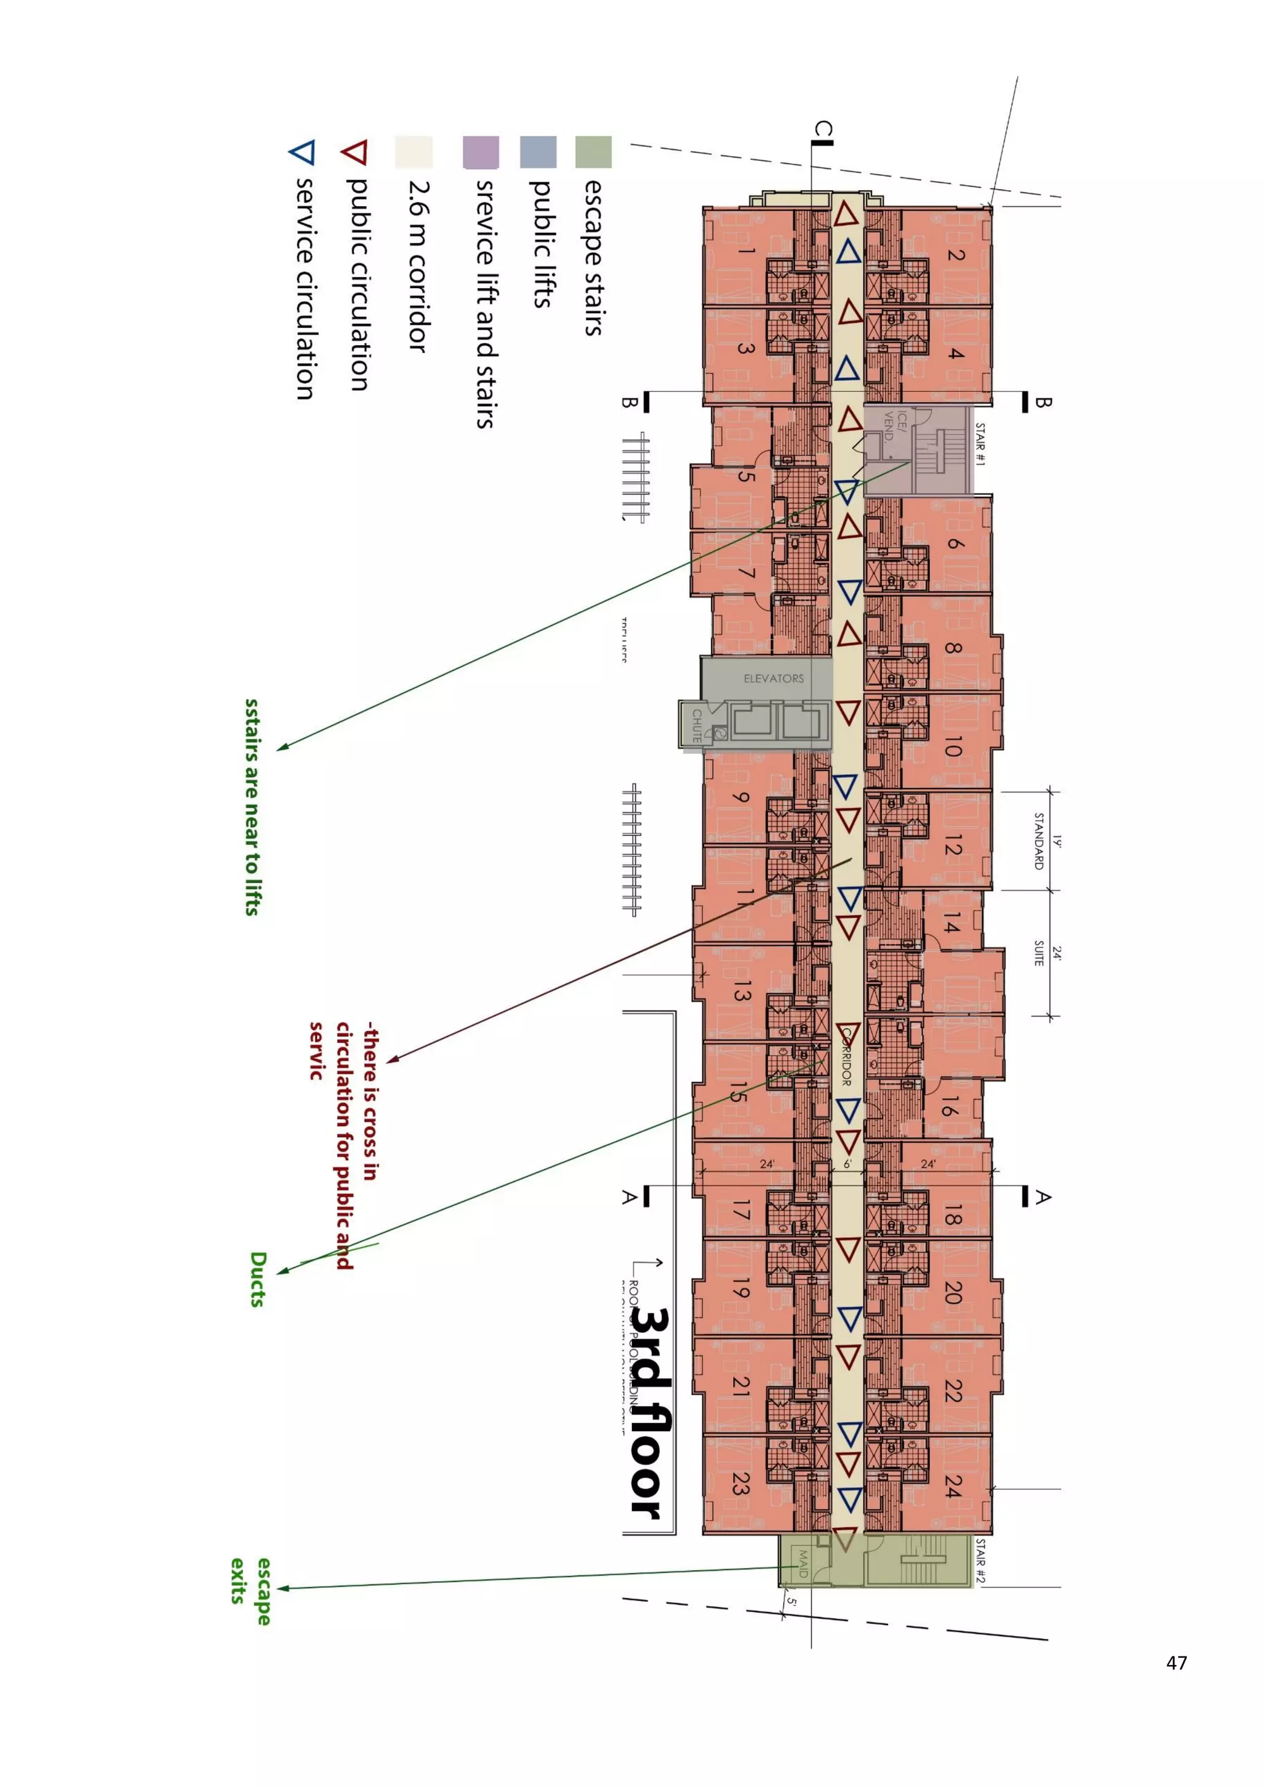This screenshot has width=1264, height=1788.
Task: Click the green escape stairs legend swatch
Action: (x=593, y=152)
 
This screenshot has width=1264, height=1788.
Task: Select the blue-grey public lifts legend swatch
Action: (x=538, y=152)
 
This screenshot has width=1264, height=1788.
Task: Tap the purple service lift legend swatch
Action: (x=481, y=152)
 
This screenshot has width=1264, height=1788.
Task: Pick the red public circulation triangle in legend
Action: (x=355, y=152)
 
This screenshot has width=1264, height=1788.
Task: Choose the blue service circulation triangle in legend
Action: (x=302, y=152)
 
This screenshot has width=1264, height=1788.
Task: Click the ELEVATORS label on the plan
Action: (x=774, y=679)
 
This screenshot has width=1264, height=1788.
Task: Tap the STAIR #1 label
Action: (x=980, y=444)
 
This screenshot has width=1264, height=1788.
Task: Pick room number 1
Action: (x=746, y=251)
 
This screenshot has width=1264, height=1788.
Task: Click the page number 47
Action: (x=1176, y=1663)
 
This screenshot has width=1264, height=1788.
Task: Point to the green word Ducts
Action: (x=259, y=1279)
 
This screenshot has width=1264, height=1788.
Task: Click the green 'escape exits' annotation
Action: (x=251, y=1591)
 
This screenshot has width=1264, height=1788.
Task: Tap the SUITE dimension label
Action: (x=1038, y=953)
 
